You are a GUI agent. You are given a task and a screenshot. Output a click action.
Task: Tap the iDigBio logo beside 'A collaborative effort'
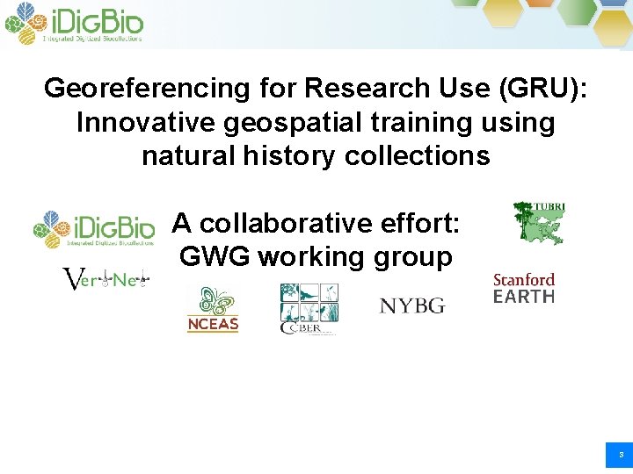tap(94, 230)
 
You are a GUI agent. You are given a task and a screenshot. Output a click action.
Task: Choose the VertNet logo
tap(106, 279)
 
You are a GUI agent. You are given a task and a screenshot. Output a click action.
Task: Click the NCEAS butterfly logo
tap(212, 310)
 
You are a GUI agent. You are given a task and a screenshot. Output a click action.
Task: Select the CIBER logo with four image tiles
tap(309, 309)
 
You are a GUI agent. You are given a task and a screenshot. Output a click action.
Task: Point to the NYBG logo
tap(411, 305)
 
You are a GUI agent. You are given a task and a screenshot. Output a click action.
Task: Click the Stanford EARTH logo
tap(524, 289)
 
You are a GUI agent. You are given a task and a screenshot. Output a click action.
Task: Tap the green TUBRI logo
tap(539, 222)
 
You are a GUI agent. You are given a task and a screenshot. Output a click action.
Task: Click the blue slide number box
tap(620, 456)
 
